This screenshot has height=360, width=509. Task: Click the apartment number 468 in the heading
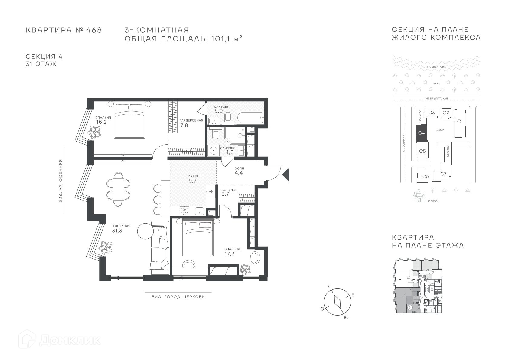94,30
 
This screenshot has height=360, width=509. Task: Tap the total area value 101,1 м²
227,39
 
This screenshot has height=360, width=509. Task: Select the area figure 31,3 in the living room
117,231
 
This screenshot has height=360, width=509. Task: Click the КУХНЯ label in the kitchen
194,176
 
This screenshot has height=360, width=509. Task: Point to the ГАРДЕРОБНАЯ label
191,120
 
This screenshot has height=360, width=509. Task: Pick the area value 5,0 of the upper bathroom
219,111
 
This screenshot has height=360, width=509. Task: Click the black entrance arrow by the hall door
286,175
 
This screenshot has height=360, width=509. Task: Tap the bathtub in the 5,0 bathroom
250,118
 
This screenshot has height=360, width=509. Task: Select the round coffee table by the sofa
146,231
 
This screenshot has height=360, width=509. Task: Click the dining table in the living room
118,189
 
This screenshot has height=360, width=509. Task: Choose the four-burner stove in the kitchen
184,211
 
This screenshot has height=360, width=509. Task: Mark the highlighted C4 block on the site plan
421,133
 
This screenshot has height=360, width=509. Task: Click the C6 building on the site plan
426,176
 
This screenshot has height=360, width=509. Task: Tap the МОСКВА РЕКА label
436,67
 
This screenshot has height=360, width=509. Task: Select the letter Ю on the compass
346,318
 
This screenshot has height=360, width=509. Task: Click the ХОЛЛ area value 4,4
239,173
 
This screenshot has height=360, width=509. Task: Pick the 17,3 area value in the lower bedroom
230,254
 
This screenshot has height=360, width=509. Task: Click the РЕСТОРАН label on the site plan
420,116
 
